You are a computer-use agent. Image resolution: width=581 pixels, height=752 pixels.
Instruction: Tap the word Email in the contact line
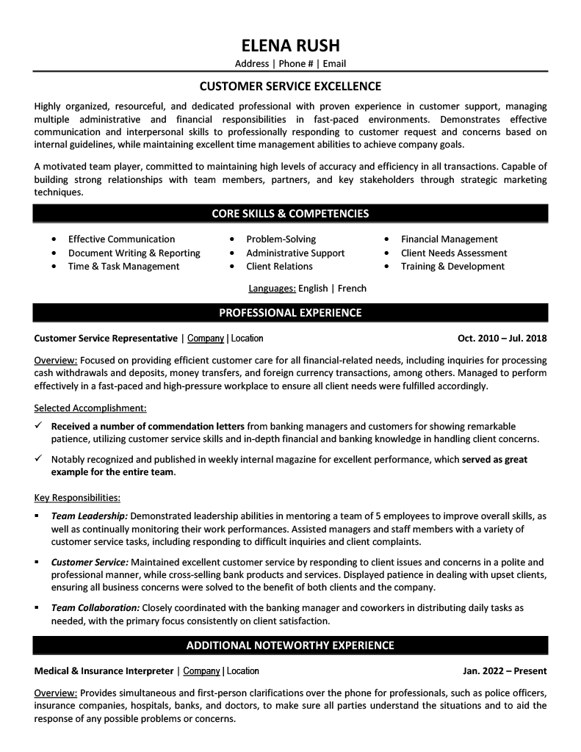(333, 64)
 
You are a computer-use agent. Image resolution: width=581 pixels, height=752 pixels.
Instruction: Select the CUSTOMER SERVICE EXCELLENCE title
(290, 86)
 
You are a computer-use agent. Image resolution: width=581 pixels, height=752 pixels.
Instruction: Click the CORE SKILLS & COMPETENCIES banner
(290, 214)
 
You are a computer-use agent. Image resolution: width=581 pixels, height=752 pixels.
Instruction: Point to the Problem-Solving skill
(281, 239)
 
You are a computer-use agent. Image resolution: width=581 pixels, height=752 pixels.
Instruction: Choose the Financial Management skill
(449, 239)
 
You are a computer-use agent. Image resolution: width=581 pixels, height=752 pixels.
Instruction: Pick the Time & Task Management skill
(123, 266)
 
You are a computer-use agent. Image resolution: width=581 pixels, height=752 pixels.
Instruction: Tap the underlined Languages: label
(272, 289)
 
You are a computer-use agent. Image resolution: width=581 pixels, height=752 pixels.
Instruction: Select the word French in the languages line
(352, 289)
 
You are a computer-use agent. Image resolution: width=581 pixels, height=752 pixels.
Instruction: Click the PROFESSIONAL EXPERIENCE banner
(290, 313)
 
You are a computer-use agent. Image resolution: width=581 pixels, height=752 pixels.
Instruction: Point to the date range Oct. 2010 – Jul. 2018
(502, 339)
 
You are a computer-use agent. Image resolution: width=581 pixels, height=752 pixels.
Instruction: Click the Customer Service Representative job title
(106, 339)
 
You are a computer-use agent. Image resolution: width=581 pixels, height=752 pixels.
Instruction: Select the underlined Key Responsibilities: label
(78, 497)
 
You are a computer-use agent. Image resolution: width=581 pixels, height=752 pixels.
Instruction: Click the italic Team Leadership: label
(90, 516)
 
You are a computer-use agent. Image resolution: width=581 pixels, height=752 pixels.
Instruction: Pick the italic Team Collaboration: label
(95, 608)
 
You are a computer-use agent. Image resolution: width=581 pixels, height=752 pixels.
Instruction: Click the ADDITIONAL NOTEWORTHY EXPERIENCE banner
(290, 646)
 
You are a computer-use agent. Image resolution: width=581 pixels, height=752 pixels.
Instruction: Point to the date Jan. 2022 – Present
(505, 670)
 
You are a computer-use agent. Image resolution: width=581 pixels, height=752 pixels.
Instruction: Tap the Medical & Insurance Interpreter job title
(104, 670)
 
